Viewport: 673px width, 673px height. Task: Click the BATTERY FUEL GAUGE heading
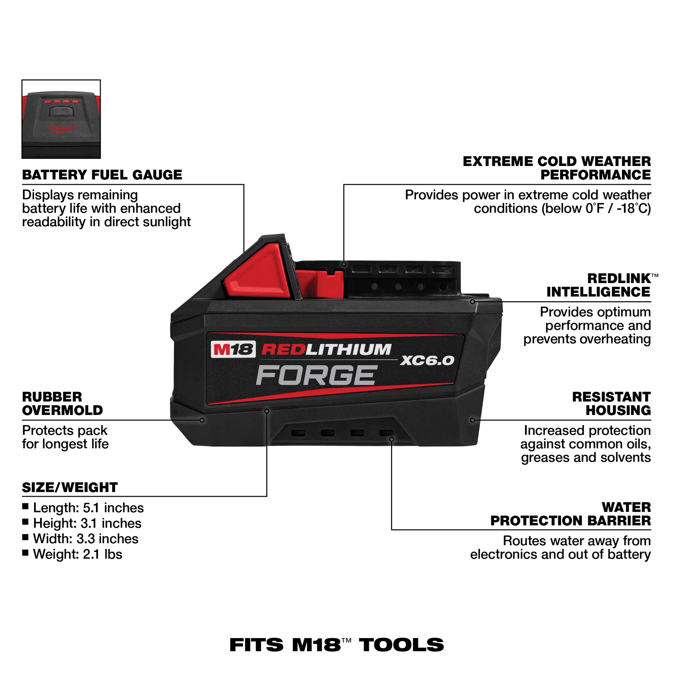(x=102, y=174)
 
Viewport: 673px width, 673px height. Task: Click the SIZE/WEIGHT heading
(x=70, y=487)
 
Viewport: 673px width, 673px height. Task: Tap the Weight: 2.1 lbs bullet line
(x=77, y=554)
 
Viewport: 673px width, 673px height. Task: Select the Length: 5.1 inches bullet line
(x=88, y=508)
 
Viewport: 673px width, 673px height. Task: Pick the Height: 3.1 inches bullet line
(x=87, y=523)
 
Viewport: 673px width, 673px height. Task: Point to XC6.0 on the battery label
(x=427, y=360)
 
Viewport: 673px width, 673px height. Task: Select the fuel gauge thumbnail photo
(x=61, y=119)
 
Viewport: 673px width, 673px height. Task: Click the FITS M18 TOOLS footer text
(x=336, y=645)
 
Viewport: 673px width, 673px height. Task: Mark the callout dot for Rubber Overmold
(x=202, y=420)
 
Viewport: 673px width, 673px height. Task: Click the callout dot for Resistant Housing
(x=472, y=420)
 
